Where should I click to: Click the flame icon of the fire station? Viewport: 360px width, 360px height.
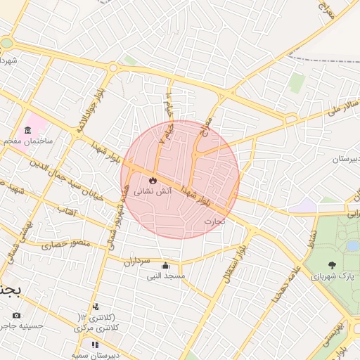click(x=154, y=180)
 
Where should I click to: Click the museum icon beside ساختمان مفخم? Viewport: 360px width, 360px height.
click(x=27, y=130)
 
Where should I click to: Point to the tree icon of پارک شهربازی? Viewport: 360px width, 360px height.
click(x=331, y=265)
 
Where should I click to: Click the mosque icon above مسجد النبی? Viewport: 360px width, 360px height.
click(x=165, y=266)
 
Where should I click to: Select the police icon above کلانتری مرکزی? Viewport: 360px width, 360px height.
click(x=96, y=307)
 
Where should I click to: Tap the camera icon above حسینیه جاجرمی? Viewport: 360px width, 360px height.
click(x=17, y=315)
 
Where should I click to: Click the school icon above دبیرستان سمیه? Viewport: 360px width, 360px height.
click(x=96, y=345)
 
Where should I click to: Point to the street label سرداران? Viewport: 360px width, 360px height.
click(x=138, y=262)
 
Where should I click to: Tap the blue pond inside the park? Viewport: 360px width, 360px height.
click(x=352, y=246)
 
